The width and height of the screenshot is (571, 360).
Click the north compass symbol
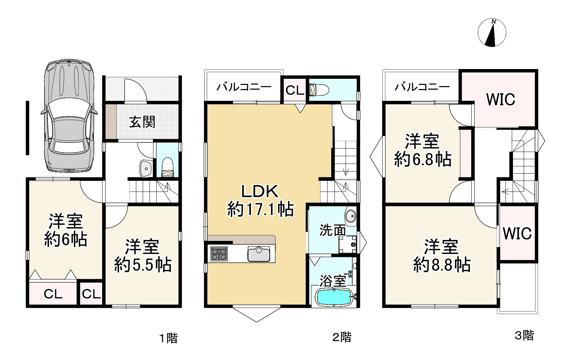point(492,33)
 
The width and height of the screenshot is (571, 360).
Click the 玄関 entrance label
point(142,122)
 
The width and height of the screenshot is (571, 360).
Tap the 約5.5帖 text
point(142,265)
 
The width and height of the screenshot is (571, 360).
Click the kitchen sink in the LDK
point(259,255)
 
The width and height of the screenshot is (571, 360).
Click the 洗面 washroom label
point(332,230)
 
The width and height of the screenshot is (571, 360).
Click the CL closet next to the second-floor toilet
point(295,90)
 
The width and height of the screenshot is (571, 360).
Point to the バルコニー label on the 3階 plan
point(422,87)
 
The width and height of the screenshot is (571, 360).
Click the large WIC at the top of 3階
point(500,99)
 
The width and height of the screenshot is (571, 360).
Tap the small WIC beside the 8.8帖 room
point(517,234)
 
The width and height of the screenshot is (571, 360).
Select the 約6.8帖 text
point(422,160)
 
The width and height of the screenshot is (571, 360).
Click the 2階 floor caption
point(342,337)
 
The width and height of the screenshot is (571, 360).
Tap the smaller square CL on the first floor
point(91,294)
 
